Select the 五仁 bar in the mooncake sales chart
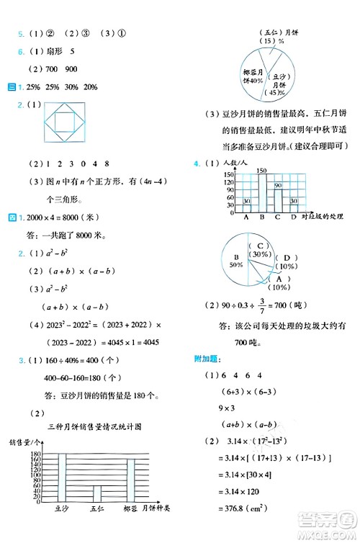[x=97, y=494]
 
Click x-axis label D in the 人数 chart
[x=294, y=216]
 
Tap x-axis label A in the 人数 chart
[x=247, y=216]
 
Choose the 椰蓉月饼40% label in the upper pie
[x=251, y=76]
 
